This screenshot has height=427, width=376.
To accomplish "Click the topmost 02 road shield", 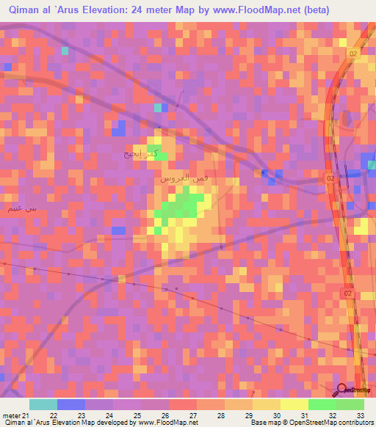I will (353, 54).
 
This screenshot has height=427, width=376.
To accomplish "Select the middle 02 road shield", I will (330, 178).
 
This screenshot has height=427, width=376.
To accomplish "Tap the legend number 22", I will (54, 415).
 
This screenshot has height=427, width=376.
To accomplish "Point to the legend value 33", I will (361, 415).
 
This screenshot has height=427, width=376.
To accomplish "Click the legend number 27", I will (193, 415).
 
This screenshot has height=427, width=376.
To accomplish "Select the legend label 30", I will (277, 415).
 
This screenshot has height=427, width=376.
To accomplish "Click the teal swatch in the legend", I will (43, 404).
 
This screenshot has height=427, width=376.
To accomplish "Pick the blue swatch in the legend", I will (71, 404).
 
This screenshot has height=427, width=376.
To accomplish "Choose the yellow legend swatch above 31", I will (294, 404).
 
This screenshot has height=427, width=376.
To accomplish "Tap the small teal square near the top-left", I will (65, 51).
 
